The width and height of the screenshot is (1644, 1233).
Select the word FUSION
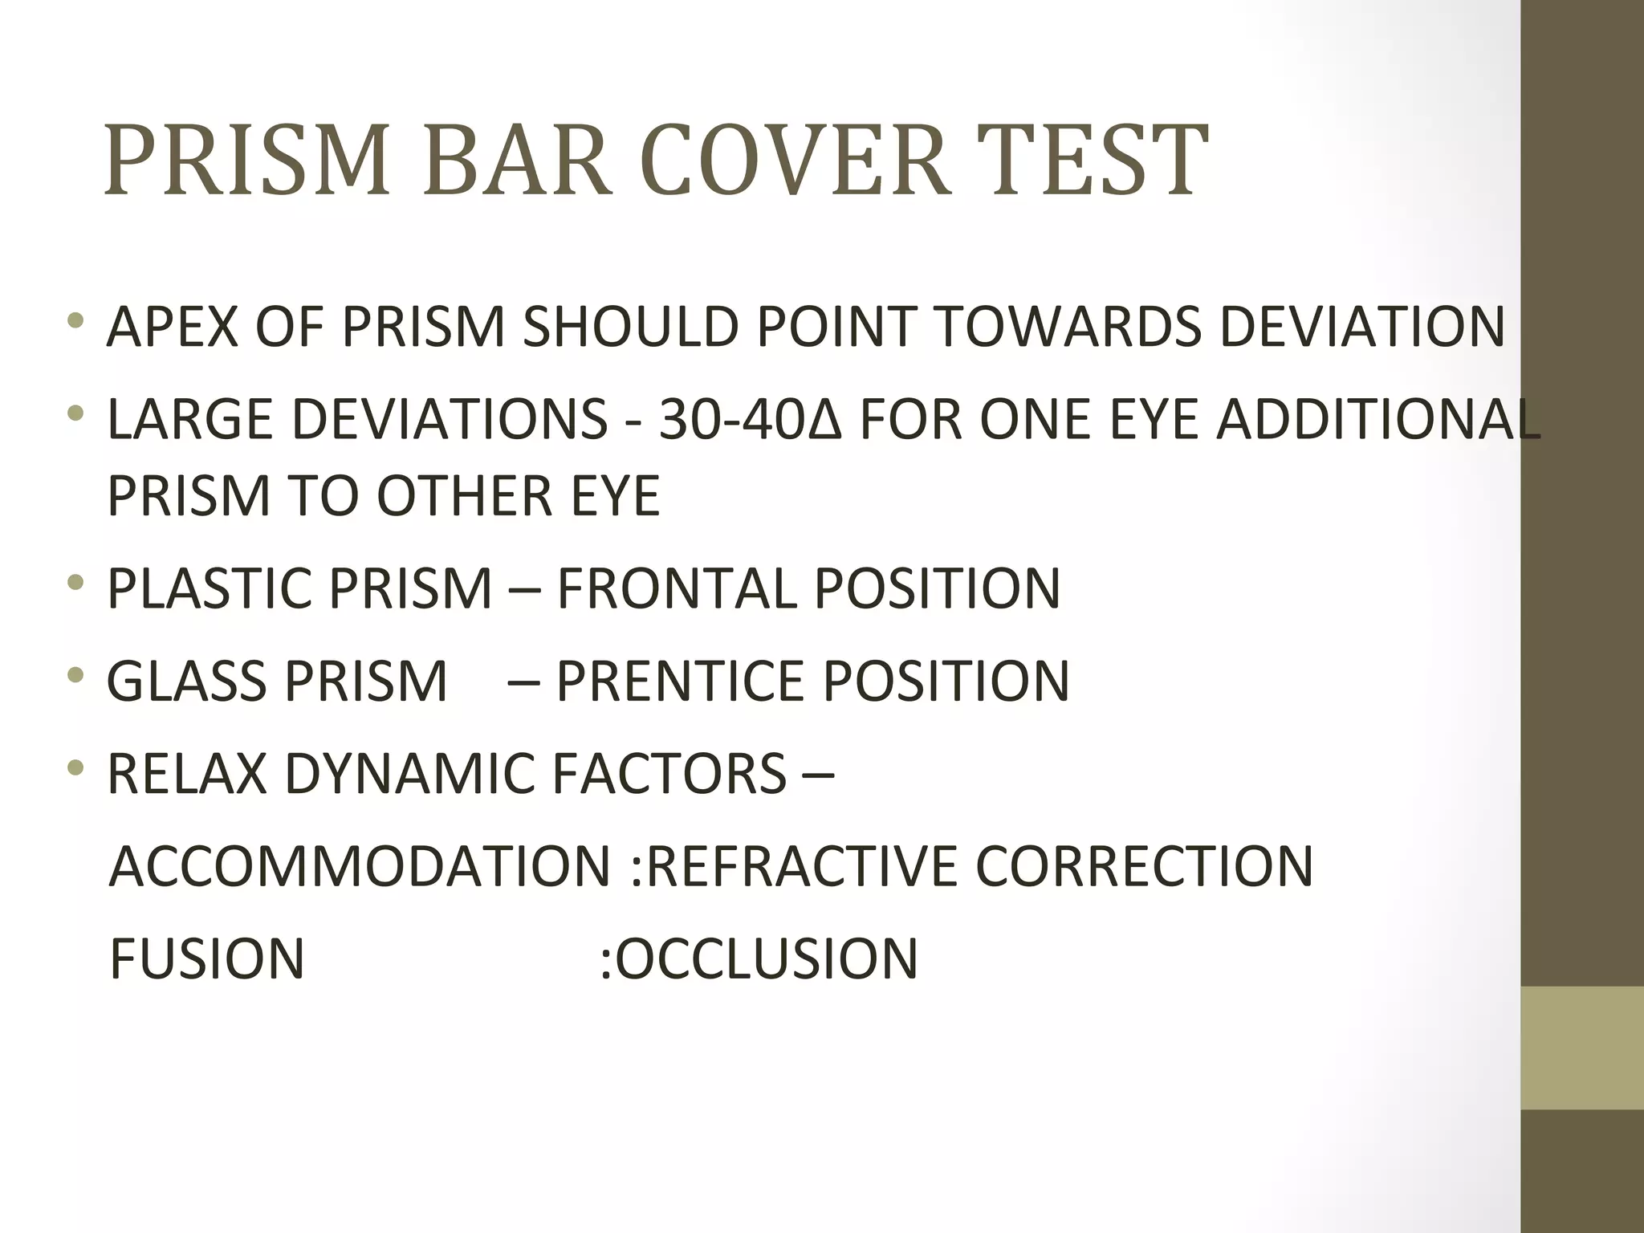coord(207,958)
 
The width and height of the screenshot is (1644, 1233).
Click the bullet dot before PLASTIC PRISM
coord(76,582)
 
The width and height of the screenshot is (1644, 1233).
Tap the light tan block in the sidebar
coord(1581,1048)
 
